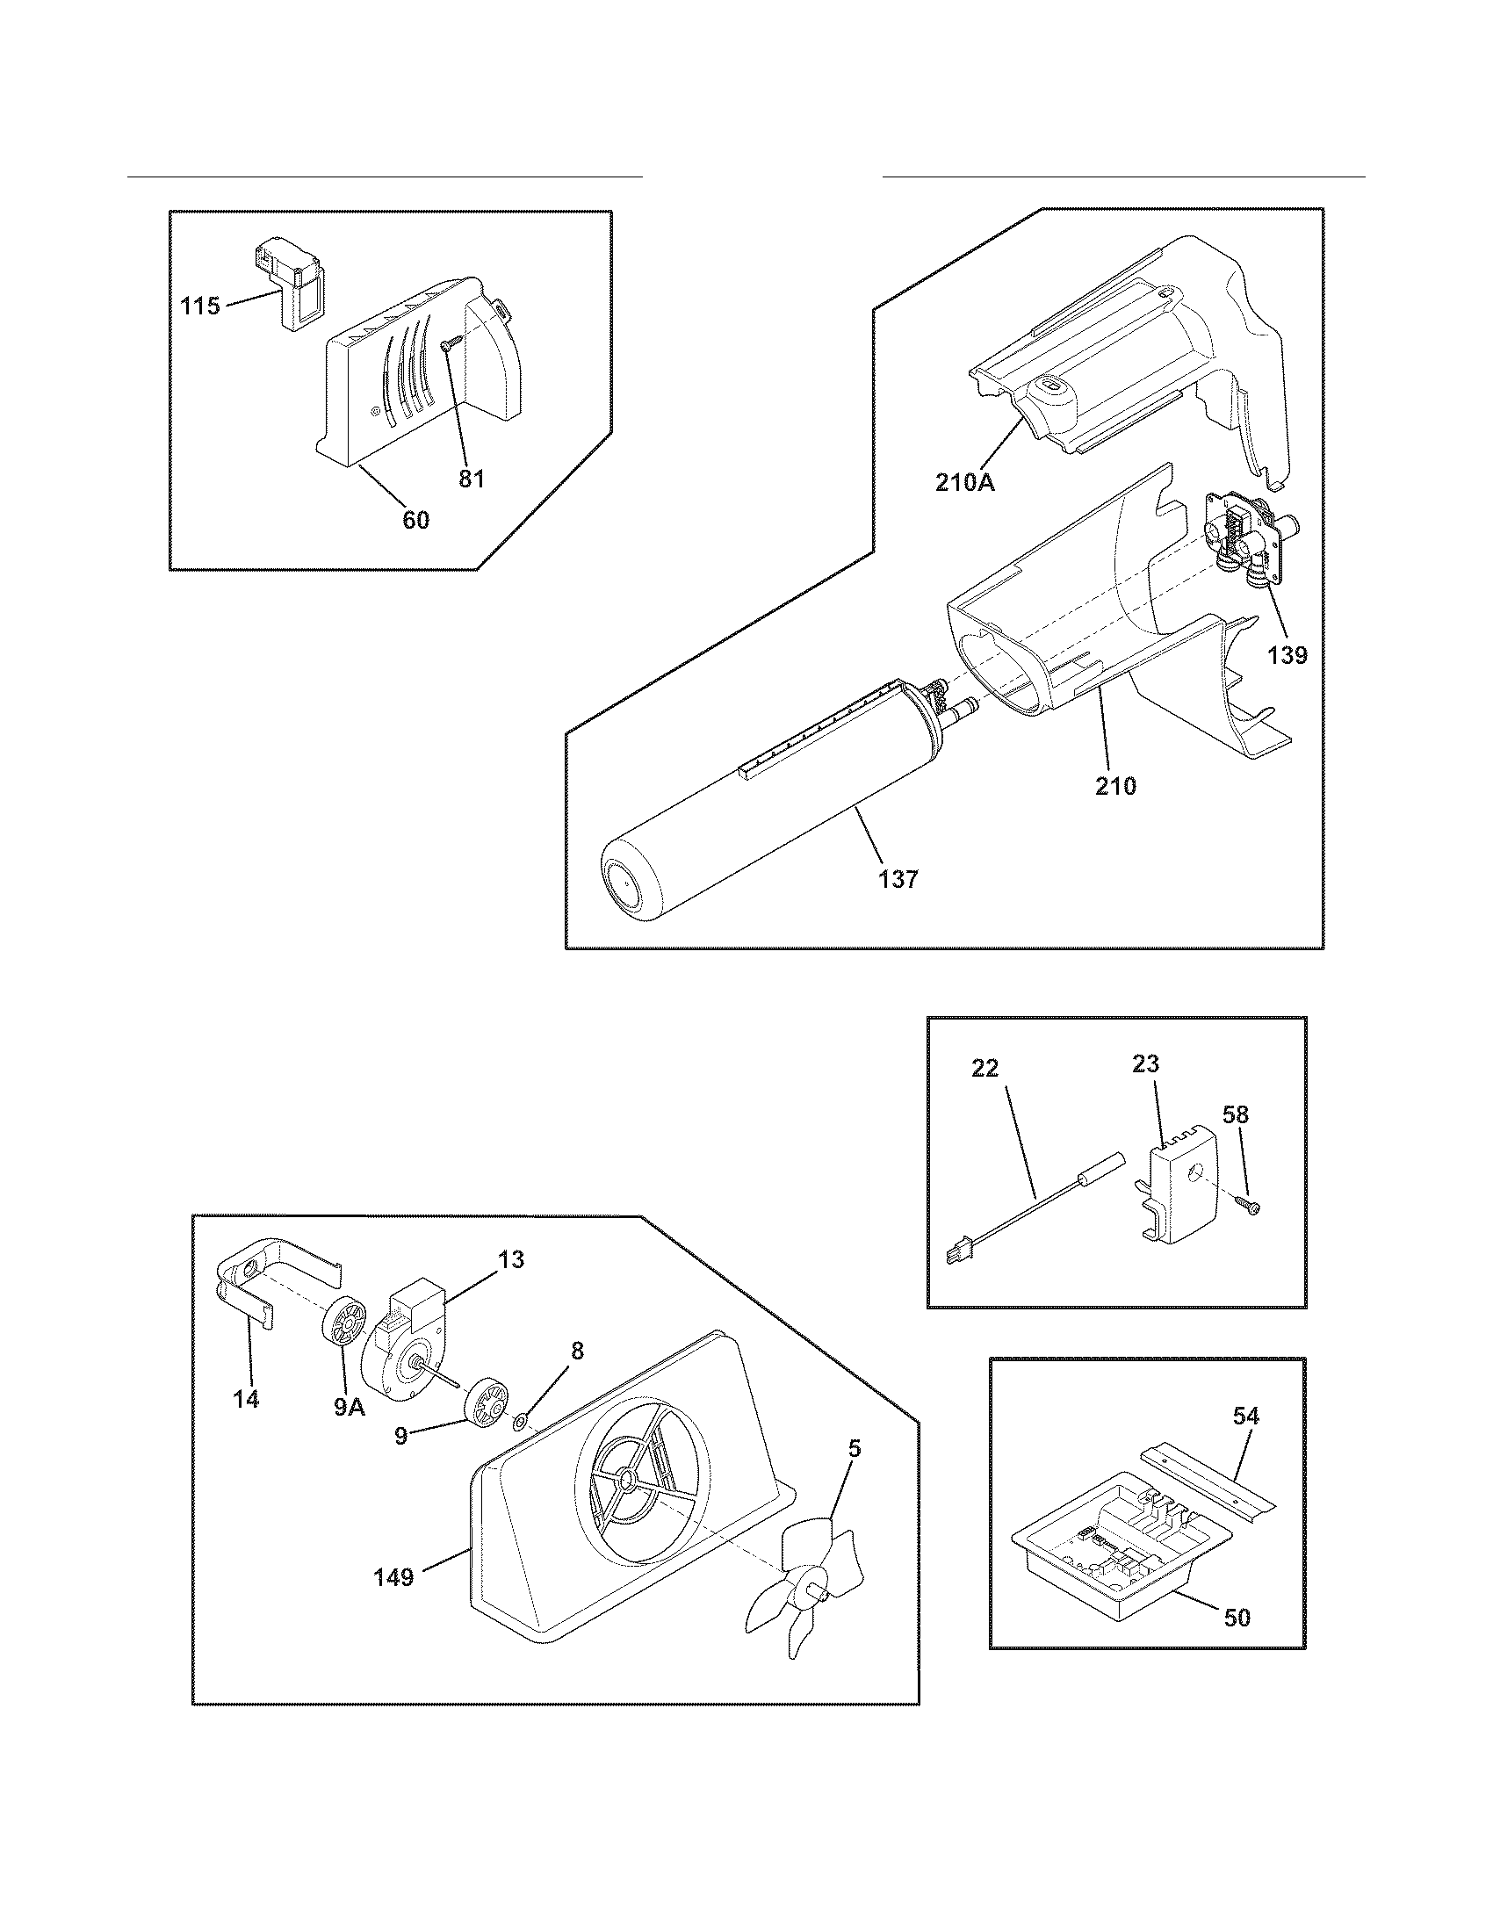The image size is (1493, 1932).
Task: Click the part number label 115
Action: click(x=200, y=307)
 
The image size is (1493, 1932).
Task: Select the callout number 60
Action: click(x=415, y=520)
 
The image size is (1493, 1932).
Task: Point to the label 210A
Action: click(x=965, y=483)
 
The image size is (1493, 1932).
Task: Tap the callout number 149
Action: click(x=393, y=1576)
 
